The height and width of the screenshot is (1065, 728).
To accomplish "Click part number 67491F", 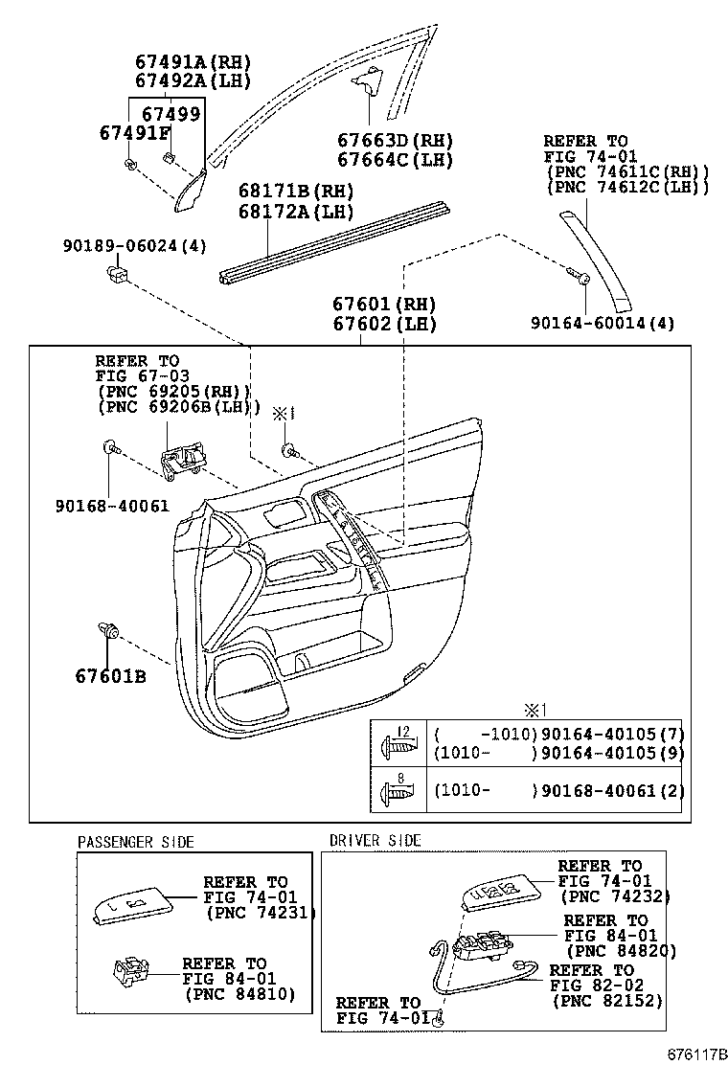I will pyautogui.click(x=134, y=134).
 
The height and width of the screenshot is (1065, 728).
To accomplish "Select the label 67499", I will pyautogui.click(x=171, y=115).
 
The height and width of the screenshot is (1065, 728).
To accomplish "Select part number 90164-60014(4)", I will pyautogui.click(x=603, y=324).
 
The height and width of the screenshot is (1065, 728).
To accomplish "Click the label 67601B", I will pyautogui.click(x=111, y=677).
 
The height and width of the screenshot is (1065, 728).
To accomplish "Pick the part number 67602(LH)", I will pyautogui.click(x=384, y=324).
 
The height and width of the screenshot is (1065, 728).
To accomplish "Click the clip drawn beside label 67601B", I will pyautogui.click(x=108, y=631).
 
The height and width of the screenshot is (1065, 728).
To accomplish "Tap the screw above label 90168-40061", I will pyautogui.click(x=108, y=446).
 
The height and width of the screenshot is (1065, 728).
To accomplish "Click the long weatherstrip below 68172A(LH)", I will pyautogui.click(x=335, y=240).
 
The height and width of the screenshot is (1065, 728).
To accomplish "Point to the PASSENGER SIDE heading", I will pyautogui.click(x=135, y=842).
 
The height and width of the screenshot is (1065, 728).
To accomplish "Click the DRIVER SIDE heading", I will pyautogui.click(x=375, y=840).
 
